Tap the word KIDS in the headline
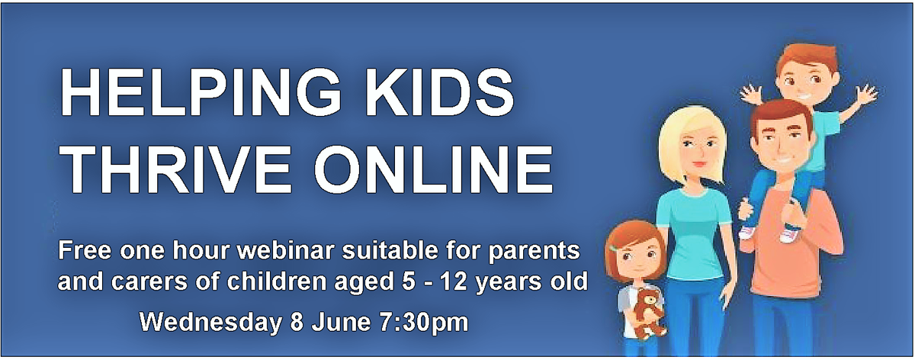439,93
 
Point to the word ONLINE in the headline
433,168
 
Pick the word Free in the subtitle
85,250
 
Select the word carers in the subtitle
149,282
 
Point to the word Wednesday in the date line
210,322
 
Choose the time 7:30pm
424,323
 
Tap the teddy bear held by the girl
647,313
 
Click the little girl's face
637,262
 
